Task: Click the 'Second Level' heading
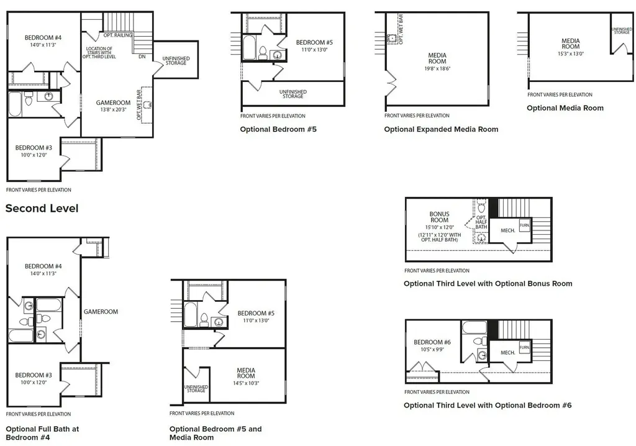tap(42, 208)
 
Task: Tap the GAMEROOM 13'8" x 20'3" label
tap(113, 106)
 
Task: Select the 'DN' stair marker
tap(142, 57)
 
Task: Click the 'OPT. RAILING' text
tap(117, 35)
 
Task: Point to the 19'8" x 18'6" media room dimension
tap(437, 68)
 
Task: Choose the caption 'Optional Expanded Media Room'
tap(441, 129)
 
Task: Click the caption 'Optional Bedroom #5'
tap(278, 129)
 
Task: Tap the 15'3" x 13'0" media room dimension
tap(571, 53)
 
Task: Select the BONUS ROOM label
tap(439, 217)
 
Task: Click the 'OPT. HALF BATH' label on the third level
tap(481, 222)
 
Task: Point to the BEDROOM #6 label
tap(432, 342)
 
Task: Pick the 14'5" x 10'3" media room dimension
tap(246, 383)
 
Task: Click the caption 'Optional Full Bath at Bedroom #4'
tap(42, 433)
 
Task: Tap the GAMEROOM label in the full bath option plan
tap(101, 312)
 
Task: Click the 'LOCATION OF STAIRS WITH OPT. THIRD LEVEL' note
tap(99, 53)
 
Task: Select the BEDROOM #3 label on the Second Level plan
tap(34, 148)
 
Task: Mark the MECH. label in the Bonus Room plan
tap(508, 230)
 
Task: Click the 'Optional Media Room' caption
tap(565, 108)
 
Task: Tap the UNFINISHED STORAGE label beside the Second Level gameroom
tap(176, 60)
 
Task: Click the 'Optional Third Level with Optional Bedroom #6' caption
tap(488, 405)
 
